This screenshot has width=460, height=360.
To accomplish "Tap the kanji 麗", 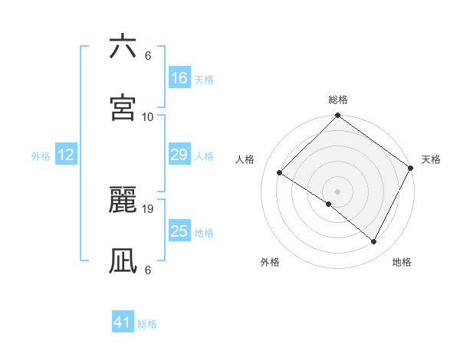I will pyautogui.click(x=123, y=201).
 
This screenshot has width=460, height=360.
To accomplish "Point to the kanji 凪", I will pyautogui.click(x=123, y=260).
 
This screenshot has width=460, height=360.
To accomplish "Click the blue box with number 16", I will pyautogui.click(x=179, y=78).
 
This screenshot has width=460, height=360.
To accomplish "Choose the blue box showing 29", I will pyautogui.click(x=179, y=155).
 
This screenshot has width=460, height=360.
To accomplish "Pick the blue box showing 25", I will pyautogui.click(x=179, y=231).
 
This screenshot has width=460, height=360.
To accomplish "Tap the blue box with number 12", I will pyautogui.click(x=66, y=155).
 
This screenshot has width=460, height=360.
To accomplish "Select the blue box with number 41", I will pyautogui.click(x=123, y=322).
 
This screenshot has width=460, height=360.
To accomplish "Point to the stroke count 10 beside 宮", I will pyautogui.click(x=148, y=116).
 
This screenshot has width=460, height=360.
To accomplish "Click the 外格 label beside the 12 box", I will pyautogui.click(x=41, y=155).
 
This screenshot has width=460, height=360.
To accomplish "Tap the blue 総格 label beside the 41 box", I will pyautogui.click(x=147, y=323).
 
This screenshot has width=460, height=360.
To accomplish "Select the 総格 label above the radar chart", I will pyautogui.click(x=337, y=100).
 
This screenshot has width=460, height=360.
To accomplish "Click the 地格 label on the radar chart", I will pyautogui.click(x=402, y=262).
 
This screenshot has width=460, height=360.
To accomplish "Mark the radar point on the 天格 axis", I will pyautogui.click(x=411, y=168).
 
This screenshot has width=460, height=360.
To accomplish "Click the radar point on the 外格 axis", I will pyautogui.click(x=328, y=204).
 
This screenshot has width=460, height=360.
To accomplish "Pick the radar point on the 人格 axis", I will pyautogui.click(x=280, y=172).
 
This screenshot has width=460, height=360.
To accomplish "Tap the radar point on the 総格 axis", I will pyautogui.click(x=337, y=116).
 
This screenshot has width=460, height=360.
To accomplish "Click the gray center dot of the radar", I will pyautogui.click(x=337, y=191).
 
